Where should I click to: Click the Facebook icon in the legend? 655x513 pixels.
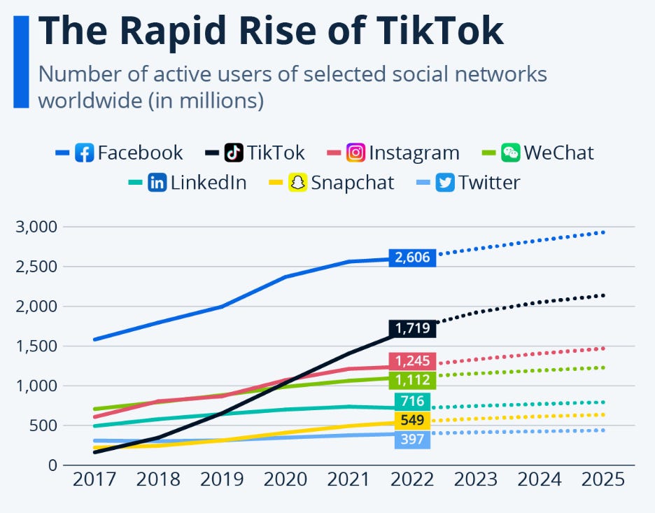tap(84, 153)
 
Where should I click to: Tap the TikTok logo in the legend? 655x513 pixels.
tap(234, 153)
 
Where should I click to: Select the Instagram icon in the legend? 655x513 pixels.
tap(355, 153)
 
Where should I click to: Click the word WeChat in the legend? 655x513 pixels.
tap(558, 153)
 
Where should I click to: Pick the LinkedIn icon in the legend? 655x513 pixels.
tap(157, 183)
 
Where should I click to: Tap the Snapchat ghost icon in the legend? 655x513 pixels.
tap(299, 183)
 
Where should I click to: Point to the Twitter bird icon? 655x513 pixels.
tap(444, 183)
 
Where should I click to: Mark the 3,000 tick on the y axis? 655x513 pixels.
tap(37, 227)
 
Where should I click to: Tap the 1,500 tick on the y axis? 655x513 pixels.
tap(37, 346)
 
